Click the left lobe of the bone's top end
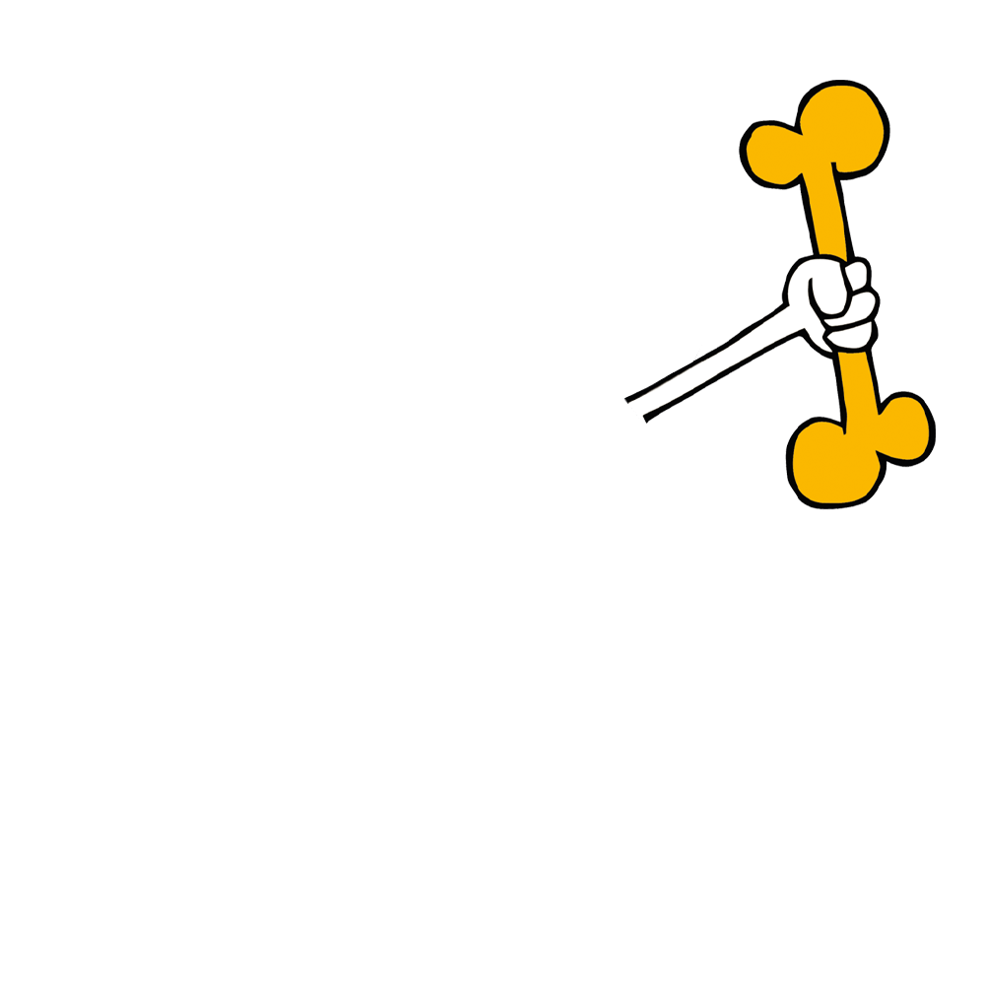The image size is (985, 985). (774, 154)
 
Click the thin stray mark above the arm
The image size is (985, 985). (696, 352)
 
